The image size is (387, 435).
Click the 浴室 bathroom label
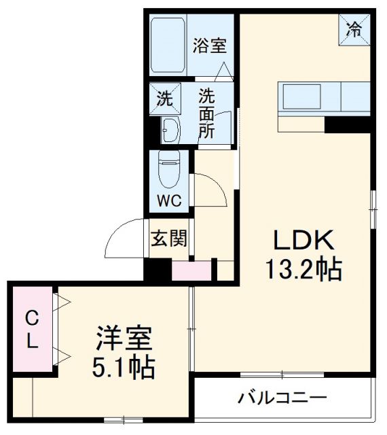click(208, 46)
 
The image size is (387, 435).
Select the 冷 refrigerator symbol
click(354, 29)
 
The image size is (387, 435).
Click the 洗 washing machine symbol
click(165, 98)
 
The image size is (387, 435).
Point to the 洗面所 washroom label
click(206, 113)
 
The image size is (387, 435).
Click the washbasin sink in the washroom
click(170, 129)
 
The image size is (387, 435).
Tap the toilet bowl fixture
click(166, 170)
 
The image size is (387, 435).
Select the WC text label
click(170, 202)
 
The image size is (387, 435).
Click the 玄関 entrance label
click(169, 239)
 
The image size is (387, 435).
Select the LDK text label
click(303, 241)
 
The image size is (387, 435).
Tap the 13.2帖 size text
click(303, 271)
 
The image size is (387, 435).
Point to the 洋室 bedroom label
click(124, 338)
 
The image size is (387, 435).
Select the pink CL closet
click(31, 329)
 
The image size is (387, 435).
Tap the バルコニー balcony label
click(282, 398)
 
